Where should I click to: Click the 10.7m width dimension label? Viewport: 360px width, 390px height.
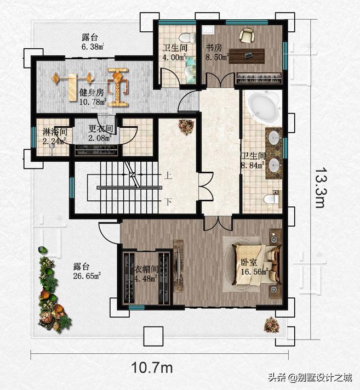[x=152, y=368]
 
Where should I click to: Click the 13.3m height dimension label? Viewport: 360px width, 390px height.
[x=320, y=187]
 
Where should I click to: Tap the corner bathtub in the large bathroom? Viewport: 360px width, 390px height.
[x=264, y=108]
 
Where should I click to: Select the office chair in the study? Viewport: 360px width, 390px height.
[x=247, y=35]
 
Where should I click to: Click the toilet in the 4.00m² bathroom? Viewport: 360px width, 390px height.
[x=187, y=38]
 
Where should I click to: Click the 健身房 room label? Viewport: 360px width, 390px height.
[x=91, y=93]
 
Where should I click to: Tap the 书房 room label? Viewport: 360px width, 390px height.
[x=213, y=48]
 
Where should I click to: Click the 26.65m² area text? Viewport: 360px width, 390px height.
[x=87, y=276]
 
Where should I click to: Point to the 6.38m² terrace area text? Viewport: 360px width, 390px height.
[x=93, y=47]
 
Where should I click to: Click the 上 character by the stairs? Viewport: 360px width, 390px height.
[x=168, y=176]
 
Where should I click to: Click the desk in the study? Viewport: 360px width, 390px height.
[x=247, y=56]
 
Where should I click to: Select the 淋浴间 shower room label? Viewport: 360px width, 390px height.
[x=55, y=132]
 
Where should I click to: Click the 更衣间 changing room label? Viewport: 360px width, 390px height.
[x=101, y=128]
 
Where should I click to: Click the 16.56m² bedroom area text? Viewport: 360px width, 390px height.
[x=254, y=272]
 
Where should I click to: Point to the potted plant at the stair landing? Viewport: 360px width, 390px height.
[x=186, y=126]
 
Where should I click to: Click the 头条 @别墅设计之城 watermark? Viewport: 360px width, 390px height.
[x=310, y=377]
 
